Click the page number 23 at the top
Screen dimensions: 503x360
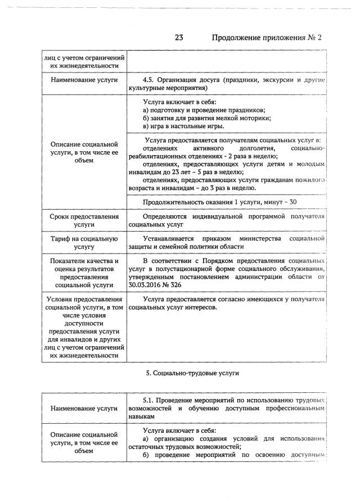(179, 38)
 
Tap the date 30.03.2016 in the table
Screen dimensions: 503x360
(146, 285)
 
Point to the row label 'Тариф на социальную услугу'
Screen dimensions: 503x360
(84, 243)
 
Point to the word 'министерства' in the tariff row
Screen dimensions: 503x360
(258, 239)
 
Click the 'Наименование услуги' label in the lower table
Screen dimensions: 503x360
(84, 408)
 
